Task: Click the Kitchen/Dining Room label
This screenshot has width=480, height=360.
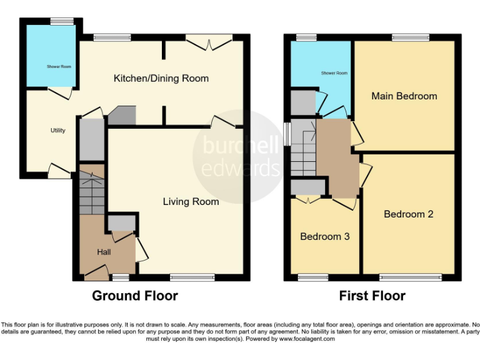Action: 161,79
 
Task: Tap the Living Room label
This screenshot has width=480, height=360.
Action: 191,201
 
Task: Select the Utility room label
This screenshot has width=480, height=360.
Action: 58,131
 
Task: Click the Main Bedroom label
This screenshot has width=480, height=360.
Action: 404,96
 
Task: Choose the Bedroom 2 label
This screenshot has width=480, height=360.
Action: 408,214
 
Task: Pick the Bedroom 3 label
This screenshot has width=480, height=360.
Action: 324,237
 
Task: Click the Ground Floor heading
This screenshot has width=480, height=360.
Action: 135,296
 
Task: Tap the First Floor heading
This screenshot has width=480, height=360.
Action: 372,296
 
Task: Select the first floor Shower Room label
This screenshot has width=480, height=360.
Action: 334,73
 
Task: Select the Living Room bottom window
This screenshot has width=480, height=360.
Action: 187,276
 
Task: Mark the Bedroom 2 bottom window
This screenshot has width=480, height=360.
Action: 410,276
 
